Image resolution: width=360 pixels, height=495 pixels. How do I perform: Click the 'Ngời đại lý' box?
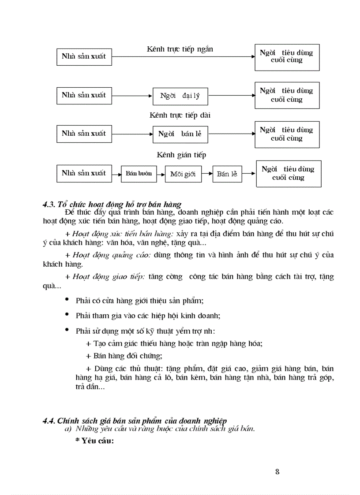(180, 96)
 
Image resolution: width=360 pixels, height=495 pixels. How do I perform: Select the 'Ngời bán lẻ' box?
(180, 134)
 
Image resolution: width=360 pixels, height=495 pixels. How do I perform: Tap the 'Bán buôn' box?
(139, 173)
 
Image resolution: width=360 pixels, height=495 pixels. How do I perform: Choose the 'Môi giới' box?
(183, 174)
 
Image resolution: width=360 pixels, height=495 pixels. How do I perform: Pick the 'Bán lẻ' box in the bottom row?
(227, 174)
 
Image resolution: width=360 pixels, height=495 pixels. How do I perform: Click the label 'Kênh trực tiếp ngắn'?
(180, 49)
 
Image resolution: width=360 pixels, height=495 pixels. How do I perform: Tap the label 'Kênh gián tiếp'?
(181, 155)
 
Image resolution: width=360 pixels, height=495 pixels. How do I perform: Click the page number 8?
(277, 472)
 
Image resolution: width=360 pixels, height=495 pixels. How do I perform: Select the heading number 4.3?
(48, 204)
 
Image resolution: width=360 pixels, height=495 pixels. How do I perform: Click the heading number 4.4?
(48, 421)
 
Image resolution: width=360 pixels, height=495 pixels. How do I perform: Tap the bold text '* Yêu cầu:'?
(95, 440)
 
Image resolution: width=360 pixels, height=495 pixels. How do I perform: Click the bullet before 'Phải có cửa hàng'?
(67, 300)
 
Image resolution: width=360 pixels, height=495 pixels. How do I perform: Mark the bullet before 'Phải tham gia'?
(67, 315)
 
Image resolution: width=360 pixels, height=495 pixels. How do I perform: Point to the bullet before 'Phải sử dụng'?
(67, 329)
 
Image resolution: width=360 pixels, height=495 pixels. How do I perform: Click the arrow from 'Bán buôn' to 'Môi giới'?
(160, 174)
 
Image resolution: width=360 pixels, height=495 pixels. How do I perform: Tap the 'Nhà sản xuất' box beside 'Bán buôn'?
(84, 173)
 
